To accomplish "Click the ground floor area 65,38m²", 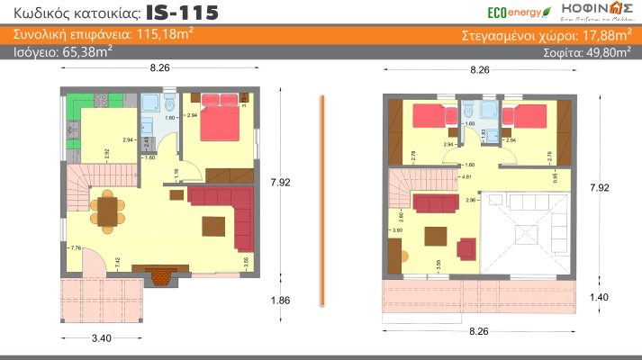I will [x=86, y=52].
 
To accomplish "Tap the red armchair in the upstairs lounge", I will [x=467, y=246].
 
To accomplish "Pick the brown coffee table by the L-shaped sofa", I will [x=213, y=223].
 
